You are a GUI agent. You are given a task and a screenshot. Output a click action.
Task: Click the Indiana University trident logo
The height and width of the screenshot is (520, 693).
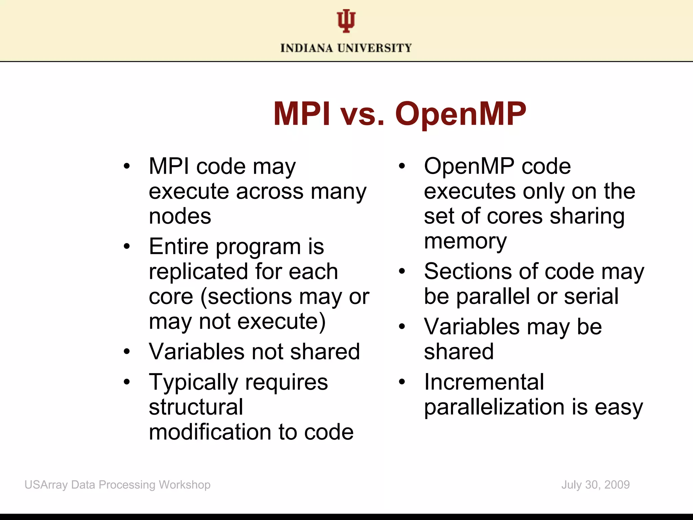(x=346, y=21)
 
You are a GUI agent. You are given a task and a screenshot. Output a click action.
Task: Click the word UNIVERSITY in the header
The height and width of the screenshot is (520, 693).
(x=375, y=48)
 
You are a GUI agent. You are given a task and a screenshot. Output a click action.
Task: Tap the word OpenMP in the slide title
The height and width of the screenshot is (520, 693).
(x=461, y=114)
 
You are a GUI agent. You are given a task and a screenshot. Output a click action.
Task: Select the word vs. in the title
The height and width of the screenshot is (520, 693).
(x=362, y=114)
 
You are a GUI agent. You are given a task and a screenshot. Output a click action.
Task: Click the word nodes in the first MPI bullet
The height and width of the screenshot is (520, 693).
(x=180, y=216)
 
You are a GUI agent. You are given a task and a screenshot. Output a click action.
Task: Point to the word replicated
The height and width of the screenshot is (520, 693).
(x=198, y=272)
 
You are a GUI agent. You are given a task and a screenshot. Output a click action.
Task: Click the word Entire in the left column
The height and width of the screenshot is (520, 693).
(x=178, y=246)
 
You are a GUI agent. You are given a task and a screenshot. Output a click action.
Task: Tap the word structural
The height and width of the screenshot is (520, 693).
(x=196, y=407)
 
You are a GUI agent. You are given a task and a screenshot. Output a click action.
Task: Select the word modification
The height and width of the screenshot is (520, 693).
(x=210, y=432)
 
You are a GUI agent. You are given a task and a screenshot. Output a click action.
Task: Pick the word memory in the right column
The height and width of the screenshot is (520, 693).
(x=465, y=242)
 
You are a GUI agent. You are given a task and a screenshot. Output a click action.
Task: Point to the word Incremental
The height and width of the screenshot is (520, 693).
(x=484, y=382)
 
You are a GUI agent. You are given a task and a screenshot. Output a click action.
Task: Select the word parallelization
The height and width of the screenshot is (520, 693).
(x=494, y=407)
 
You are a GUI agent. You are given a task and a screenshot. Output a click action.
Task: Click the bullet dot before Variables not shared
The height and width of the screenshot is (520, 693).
(x=127, y=351)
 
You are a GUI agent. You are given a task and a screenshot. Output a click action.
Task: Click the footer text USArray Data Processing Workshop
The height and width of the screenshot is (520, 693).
(x=117, y=485)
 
